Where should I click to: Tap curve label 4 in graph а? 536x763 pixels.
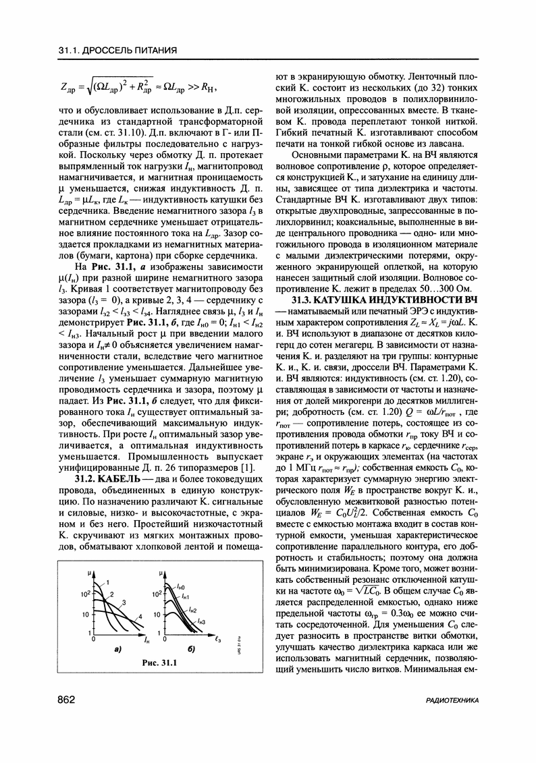[140, 617]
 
